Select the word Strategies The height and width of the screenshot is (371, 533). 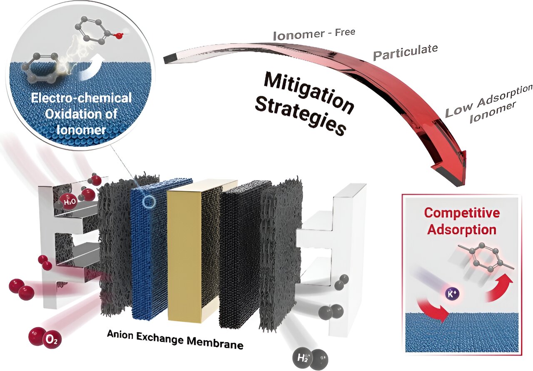click(300, 114)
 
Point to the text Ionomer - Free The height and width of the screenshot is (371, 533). click(314, 34)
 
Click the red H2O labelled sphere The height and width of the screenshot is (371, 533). click(69, 202)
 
